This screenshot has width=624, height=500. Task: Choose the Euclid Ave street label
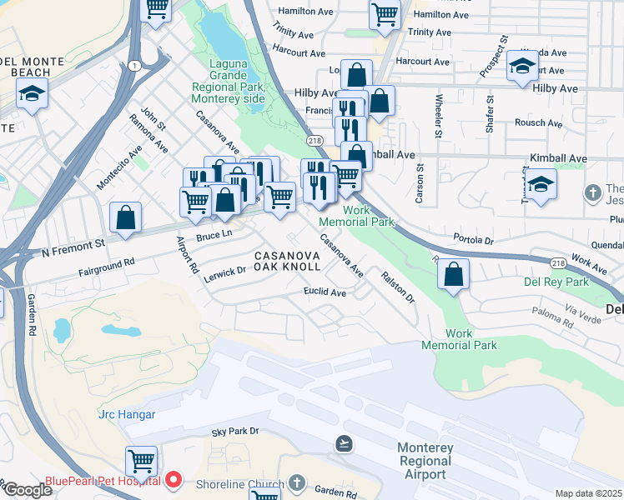tap(325, 292)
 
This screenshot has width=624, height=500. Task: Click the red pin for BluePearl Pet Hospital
tap(174, 479)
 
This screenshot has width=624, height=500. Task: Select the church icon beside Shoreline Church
tap(297, 484)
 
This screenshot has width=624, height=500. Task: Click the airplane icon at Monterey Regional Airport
tap(343, 442)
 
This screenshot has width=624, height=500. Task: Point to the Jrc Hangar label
tap(127, 414)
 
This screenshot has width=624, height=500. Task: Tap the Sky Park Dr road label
tap(235, 432)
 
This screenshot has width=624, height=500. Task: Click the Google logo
tap(27, 490)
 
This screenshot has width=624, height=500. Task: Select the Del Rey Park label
tap(556, 282)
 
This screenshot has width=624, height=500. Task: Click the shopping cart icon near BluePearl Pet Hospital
tap(141, 460)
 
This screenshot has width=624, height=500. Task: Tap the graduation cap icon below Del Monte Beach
tap(32, 94)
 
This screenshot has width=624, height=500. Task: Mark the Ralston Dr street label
tap(398, 286)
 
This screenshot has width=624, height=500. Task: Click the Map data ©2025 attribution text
tap(588, 493)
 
